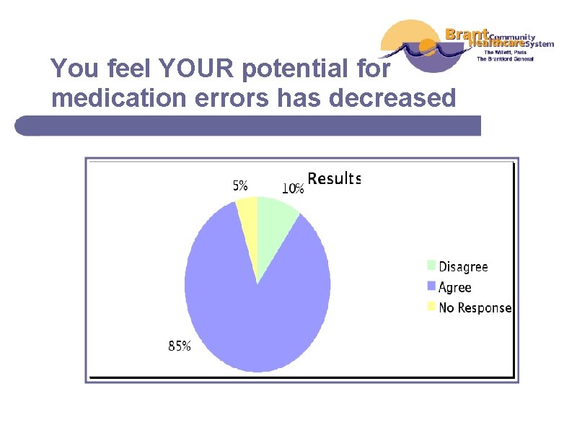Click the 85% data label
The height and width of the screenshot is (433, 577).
(180, 346)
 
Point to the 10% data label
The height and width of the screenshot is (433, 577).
(292, 188)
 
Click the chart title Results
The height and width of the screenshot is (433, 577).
(334, 178)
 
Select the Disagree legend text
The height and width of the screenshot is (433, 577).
(463, 267)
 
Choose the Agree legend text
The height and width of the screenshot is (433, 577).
(455, 287)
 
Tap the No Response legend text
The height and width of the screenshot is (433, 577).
(475, 307)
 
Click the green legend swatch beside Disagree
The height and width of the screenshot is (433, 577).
(432, 266)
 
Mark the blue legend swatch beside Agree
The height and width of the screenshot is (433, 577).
(432, 286)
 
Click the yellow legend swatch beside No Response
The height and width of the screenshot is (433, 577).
(432, 306)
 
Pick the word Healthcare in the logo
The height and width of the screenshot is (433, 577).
(495, 43)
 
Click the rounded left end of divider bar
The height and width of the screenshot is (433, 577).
(22, 126)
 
